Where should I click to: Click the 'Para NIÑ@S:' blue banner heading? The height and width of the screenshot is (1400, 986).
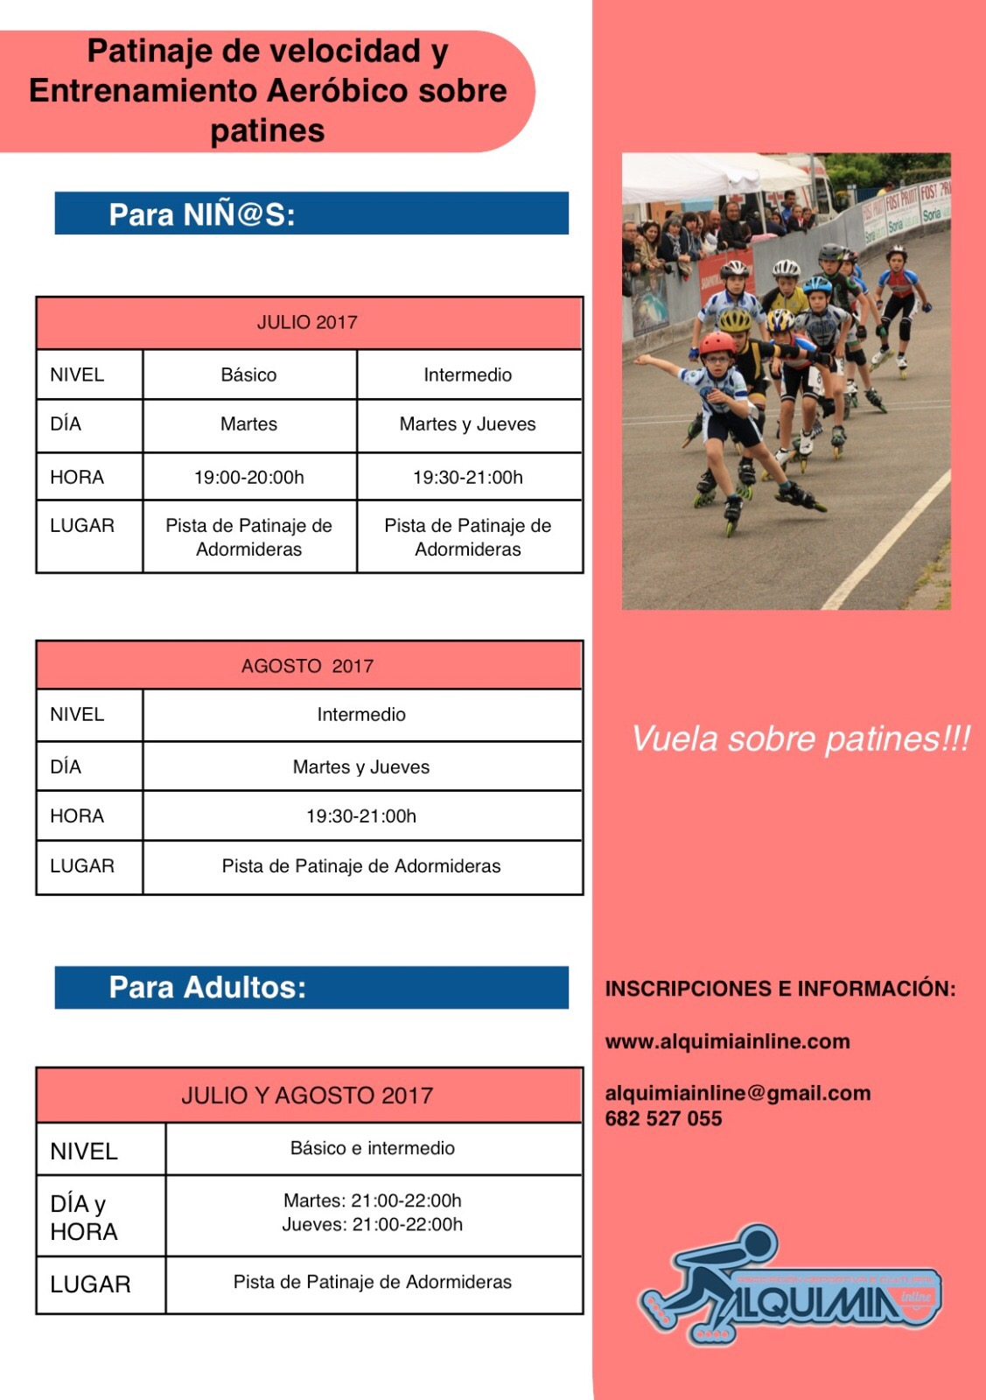point(202,214)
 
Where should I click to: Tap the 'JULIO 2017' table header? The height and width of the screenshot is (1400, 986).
point(307,323)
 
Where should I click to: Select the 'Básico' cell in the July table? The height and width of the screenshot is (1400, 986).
point(248,375)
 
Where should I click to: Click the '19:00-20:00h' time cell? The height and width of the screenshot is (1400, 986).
point(248,478)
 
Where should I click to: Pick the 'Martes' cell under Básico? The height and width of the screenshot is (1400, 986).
point(248,424)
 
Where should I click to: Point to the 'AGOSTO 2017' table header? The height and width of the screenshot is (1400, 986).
point(307,666)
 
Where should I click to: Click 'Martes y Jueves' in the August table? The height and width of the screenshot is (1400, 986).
point(361,767)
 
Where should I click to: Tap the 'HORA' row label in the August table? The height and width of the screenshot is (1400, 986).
point(77,816)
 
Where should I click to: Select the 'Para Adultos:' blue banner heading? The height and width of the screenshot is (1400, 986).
point(207,988)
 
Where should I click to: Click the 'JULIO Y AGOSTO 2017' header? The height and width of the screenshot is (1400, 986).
point(307,1095)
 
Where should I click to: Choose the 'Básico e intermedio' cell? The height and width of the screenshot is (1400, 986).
point(373,1148)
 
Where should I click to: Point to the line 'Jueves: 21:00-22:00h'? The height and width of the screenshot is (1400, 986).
point(373,1225)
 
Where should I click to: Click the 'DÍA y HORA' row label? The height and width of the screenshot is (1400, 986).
point(83,1217)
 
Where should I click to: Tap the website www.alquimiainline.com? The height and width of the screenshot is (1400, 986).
point(728,1042)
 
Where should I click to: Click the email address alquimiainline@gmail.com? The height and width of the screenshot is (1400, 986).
point(738,1093)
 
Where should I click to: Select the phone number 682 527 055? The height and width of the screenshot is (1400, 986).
point(663,1119)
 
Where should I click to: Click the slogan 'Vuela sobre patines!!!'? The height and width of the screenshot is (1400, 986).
point(801,739)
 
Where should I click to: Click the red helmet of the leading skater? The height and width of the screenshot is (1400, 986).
point(717,343)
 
